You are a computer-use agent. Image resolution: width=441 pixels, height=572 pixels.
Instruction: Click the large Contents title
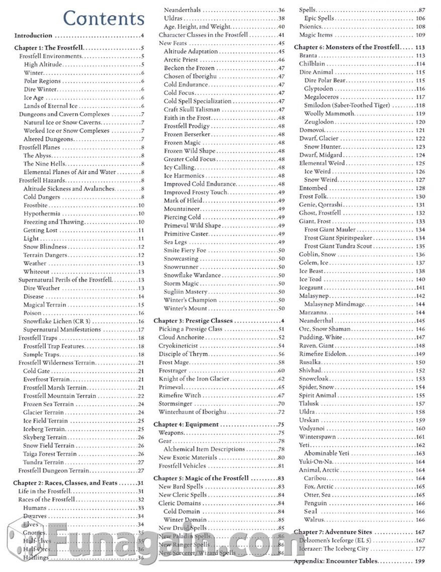[104, 18]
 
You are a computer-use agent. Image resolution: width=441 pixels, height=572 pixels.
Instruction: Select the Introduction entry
[33, 36]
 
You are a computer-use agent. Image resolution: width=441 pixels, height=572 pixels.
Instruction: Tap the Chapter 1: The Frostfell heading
[48, 48]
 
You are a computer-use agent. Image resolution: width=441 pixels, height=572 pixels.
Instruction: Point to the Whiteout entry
[37, 272]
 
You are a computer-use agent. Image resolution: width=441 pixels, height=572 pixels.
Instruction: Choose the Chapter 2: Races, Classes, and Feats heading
[65, 483]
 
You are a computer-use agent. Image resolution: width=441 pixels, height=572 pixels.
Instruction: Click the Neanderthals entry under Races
[182, 10]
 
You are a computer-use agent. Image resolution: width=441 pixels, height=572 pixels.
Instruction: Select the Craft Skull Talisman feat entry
[189, 110]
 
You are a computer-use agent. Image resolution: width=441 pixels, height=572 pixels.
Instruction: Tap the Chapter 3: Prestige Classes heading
[193, 321]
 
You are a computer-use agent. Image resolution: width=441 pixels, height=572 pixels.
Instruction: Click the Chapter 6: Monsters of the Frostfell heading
[346, 47]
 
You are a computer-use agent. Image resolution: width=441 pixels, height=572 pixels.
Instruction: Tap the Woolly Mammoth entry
[329, 114]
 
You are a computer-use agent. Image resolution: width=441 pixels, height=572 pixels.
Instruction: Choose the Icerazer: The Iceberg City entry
[334, 548]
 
